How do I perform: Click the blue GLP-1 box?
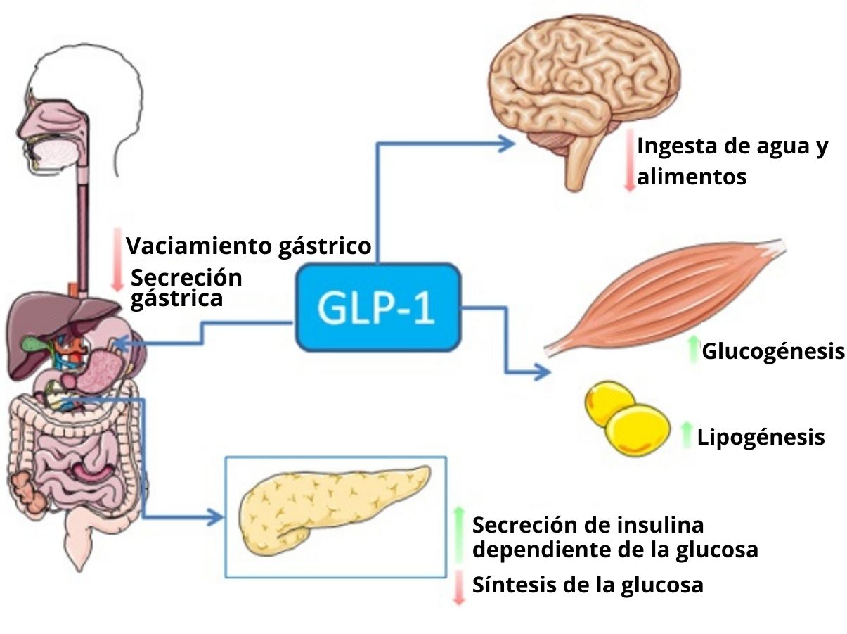(x=378, y=307)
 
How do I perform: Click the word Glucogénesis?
(x=773, y=350)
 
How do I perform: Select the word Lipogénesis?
(x=761, y=437)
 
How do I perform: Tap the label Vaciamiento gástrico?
(x=248, y=246)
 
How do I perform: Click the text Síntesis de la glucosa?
(x=588, y=584)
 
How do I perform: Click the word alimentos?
(x=691, y=176)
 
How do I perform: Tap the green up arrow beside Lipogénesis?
(x=687, y=434)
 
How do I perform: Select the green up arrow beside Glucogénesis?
(x=693, y=348)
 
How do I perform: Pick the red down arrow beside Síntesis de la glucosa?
(x=459, y=588)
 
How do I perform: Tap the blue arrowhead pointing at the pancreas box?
(x=214, y=518)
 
